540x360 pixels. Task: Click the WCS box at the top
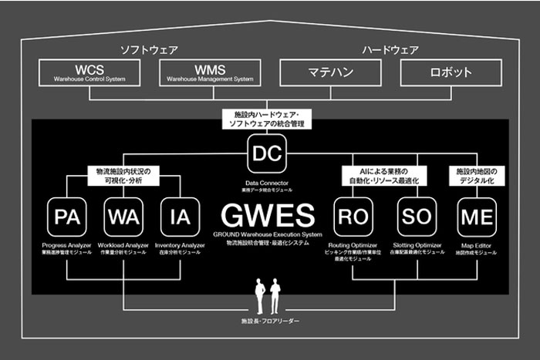pyautogui.click(x=89, y=72)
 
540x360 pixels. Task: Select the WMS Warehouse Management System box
pyautogui.click(x=210, y=72)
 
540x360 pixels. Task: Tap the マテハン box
pyautogui.click(x=330, y=72)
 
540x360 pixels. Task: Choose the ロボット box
pyautogui.click(x=451, y=72)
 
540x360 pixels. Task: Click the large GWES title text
pyautogui.click(x=266, y=213)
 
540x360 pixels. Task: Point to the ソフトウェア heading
pyautogui.click(x=149, y=50)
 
